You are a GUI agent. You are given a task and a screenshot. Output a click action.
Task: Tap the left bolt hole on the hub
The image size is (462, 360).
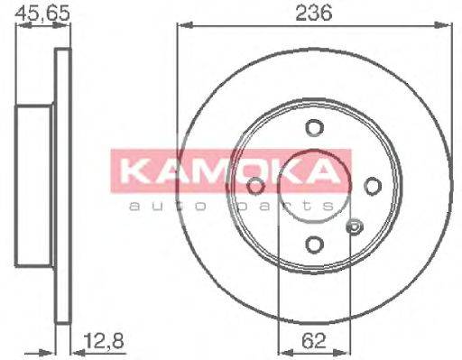254,185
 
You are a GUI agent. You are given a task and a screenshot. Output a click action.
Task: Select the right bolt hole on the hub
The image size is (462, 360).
371,185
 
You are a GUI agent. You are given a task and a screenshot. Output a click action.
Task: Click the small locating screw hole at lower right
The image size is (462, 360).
354,226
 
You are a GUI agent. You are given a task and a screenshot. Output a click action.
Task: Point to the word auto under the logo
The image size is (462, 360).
162,207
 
